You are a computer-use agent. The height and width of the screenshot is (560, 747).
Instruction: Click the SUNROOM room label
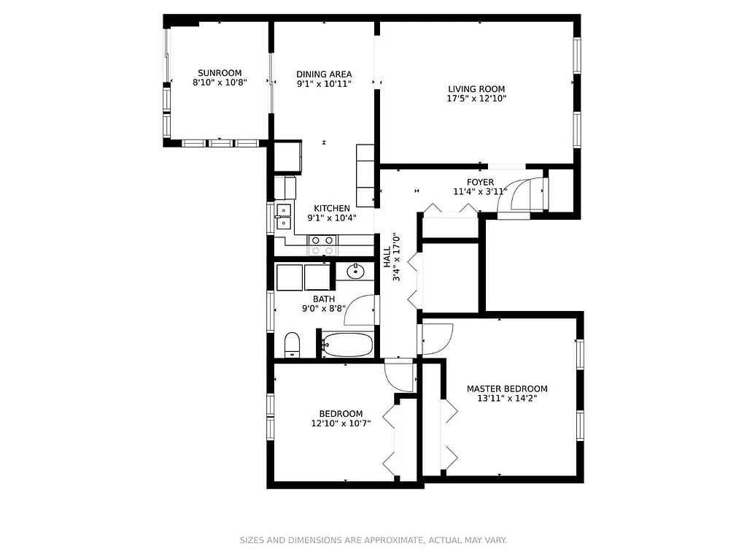coord(220,72)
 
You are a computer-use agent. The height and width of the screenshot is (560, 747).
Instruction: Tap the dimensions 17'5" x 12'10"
coord(476,99)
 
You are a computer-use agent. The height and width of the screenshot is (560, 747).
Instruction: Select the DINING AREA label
coord(324,74)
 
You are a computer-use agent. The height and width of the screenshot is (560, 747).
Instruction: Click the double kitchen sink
coord(283,217)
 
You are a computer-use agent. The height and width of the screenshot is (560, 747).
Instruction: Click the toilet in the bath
coord(292,344)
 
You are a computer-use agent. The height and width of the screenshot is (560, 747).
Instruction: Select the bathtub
coord(348,345)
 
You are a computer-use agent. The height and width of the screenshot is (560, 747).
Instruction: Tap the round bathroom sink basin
coord(356,272)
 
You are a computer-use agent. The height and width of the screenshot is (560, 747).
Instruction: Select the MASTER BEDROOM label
coord(507,388)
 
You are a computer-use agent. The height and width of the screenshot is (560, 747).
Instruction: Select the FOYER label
coord(481,182)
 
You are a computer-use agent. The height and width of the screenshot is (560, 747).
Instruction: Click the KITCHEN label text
coord(332,208)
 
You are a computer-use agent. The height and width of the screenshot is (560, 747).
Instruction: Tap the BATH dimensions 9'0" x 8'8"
coord(324,309)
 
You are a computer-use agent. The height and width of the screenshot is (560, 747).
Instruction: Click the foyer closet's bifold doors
coord(450,210)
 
